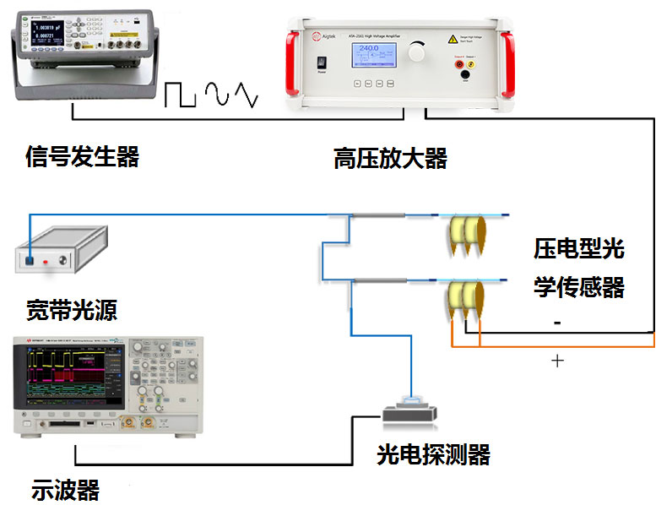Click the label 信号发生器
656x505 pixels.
(x=82, y=157)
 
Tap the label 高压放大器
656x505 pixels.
(x=390, y=158)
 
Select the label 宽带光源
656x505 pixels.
(x=71, y=310)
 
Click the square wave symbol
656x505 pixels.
(x=180, y=95)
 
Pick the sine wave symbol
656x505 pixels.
(x=216, y=95)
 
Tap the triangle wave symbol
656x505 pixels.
(x=246, y=95)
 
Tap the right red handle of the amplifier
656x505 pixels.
(x=507, y=61)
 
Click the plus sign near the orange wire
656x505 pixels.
(x=557, y=361)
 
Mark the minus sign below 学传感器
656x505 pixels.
(x=556, y=323)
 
